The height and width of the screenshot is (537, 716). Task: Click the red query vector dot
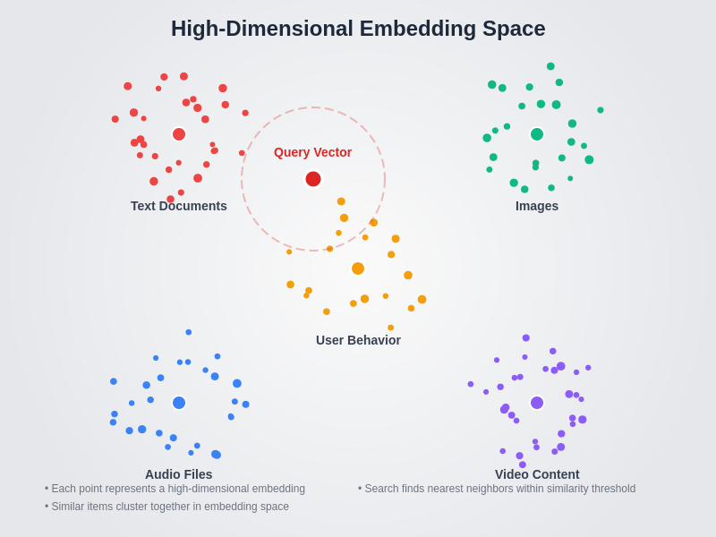[x=313, y=179]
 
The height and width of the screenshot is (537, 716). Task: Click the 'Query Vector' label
[x=312, y=152]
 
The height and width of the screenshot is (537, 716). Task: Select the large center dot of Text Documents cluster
[x=179, y=134]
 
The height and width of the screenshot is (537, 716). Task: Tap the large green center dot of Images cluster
[x=537, y=134]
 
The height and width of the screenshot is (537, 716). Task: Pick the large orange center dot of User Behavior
[x=358, y=268]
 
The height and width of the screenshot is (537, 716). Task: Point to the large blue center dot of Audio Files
[x=179, y=403]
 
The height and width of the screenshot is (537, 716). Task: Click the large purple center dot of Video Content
[x=537, y=403]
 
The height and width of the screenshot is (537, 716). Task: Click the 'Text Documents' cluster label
[x=179, y=206]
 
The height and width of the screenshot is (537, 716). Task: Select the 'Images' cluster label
[x=537, y=206]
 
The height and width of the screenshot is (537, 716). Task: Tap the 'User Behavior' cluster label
[x=358, y=340]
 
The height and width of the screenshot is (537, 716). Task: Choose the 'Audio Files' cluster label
[x=179, y=474]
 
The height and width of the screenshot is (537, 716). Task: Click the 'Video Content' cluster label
[x=537, y=474]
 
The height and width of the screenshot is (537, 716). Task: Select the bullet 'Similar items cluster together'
[x=168, y=507]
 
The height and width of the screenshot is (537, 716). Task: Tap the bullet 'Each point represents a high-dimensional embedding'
[x=176, y=489]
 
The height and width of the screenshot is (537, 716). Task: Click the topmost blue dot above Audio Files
[x=189, y=332]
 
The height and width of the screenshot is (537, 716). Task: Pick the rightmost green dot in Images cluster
[x=601, y=110]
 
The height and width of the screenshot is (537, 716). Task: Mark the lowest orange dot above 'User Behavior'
[x=391, y=328]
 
